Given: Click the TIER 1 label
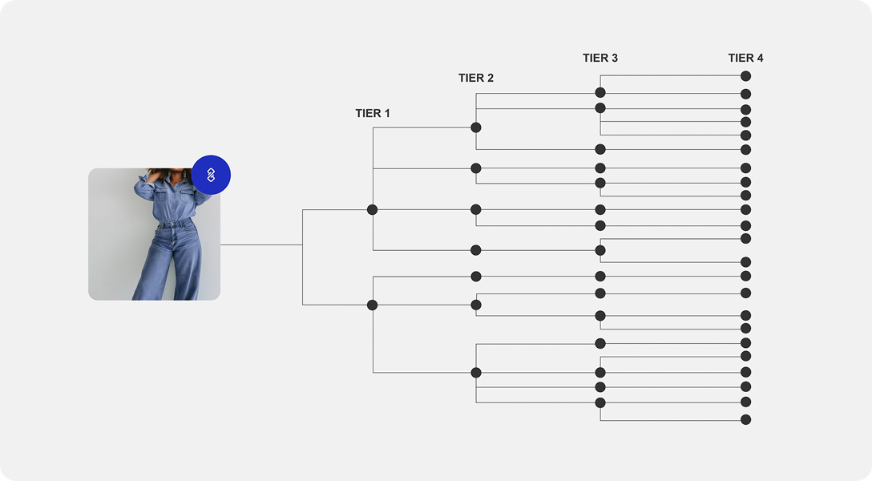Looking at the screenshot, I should pos(373,114).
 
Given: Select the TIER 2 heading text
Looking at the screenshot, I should pos(476,79).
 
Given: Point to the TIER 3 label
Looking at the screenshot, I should pos(600,59).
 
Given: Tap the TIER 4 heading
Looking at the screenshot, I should pos(745,59).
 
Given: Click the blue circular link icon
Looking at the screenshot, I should pos(211,175).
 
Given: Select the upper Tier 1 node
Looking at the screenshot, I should pos(372,209).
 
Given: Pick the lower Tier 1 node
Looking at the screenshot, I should pos(372,305).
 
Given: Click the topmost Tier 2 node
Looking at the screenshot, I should pos(476,127).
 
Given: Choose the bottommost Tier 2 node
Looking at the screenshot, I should pos(476,373).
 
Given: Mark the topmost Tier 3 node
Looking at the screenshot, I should pos(600,92).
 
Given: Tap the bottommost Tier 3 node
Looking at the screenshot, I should pos(600,402).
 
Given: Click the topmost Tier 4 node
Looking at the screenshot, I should pos(745,76).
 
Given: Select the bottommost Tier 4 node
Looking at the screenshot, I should pos(745,419).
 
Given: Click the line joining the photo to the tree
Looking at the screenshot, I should pos(260,245).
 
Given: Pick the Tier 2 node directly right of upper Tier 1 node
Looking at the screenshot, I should pos(476,209).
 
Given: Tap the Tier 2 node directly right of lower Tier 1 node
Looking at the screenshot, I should pos(476,305).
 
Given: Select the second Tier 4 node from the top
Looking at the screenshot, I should pos(745,94).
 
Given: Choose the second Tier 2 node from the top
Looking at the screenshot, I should pos(476,168).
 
